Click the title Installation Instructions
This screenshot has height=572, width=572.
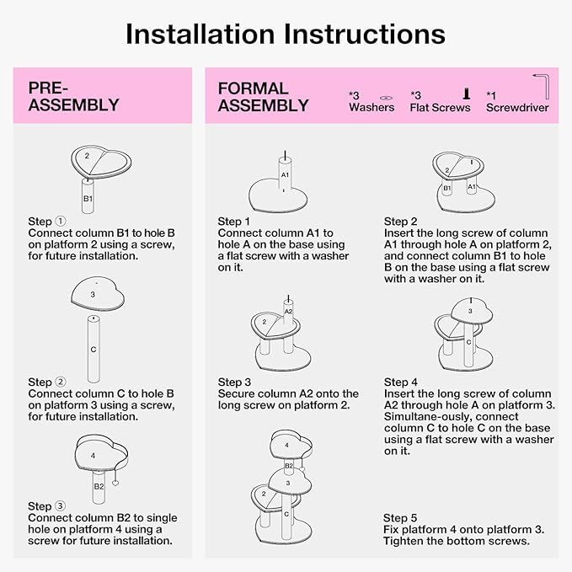click(286, 35)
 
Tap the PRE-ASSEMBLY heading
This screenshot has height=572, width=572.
click(73, 97)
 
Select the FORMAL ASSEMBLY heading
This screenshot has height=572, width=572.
click(263, 97)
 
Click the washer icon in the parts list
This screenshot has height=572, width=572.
click(386, 98)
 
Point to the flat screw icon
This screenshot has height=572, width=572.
click(466, 94)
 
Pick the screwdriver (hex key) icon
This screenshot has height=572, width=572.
click(542, 86)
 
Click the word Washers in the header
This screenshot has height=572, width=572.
click(372, 107)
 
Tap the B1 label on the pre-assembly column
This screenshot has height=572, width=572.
click(88, 199)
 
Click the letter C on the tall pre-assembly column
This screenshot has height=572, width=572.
click(94, 350)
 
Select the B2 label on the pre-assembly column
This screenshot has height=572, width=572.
click(99, 486)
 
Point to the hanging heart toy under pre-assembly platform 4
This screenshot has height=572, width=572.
click(115, 483)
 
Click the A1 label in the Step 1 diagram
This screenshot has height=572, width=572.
click(285, 175)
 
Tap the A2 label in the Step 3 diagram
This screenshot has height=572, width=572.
click(288, 311)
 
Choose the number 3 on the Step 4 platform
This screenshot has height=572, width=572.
click(470, 311)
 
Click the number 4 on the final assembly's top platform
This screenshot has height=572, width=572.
click(286, 445)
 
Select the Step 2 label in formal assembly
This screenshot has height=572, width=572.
click(400, 222)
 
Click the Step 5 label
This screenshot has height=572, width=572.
click(400, 518)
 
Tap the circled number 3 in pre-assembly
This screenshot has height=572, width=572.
click(60, 506)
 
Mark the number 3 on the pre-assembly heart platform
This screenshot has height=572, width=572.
click(93, 294)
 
